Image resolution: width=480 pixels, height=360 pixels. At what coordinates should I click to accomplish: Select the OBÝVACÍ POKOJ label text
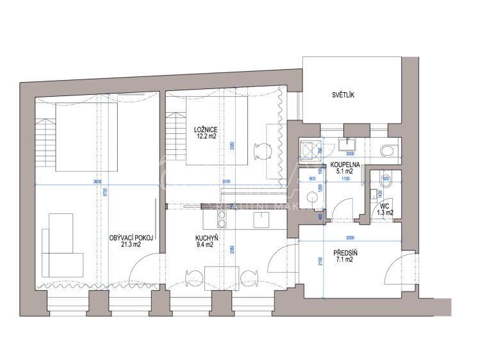coord(130,236)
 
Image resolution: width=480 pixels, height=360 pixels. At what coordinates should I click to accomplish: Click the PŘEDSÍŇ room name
coord(345,252)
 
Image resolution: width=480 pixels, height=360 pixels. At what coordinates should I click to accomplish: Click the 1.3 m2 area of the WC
coord(385,212)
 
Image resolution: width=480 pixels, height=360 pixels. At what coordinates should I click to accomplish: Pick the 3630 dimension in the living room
coord(97,182)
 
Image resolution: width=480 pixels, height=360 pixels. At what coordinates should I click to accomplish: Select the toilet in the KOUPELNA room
coord(386,150)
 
